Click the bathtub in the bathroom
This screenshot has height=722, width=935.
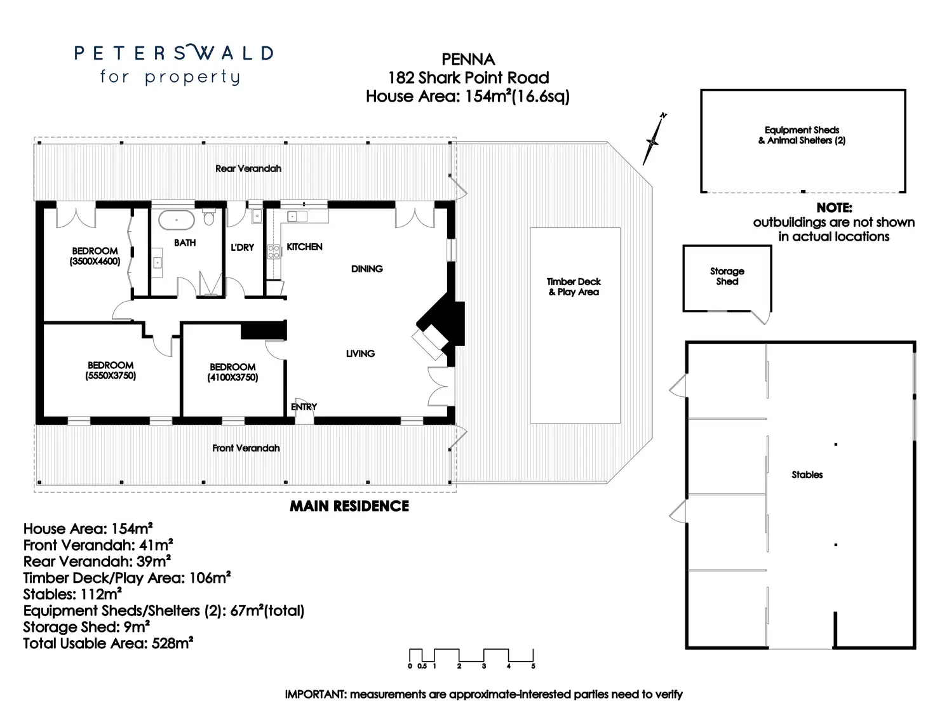pyautogui.click(x=176, y=221)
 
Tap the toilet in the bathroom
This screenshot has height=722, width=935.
pyautogui.click(x=208, y=218)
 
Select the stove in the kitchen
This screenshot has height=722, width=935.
pyautogui.click(x=274, y=251)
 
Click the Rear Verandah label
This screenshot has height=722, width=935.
pyautogui.click(x=248, y=168)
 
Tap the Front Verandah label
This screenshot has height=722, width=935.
pyautogui.click(x=246, y=448)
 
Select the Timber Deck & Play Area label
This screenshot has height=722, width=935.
pyautogui.click(x=574, y=286)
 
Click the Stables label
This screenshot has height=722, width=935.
pyautogui.click(x=807, y=474)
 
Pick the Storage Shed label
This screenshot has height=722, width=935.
pyautogui.click(x=727, y=276)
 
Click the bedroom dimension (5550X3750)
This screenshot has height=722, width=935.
pyautogui.click(x=111, y=376)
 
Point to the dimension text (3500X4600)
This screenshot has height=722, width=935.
pyautogui.click(x=95, y=261)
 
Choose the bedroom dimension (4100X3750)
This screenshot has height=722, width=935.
pyautogui.click(x=232, y=377)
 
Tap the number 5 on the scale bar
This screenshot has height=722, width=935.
pyautogui.click(x=533, y=666)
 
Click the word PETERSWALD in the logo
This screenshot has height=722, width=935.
pyautogui.click(x=173, y=53)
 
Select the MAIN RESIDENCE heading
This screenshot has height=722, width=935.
pyautogui.click(x=349, y=506)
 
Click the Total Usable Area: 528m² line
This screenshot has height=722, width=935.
pyautogui.click(x=108, y=643)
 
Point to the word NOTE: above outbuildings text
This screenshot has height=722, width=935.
pyautogui.click(x=834, y=208)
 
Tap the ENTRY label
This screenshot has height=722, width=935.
pyautogui.click(x=304, y=406)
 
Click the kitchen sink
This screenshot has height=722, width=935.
pyautogui.click(x=297, y=217)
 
